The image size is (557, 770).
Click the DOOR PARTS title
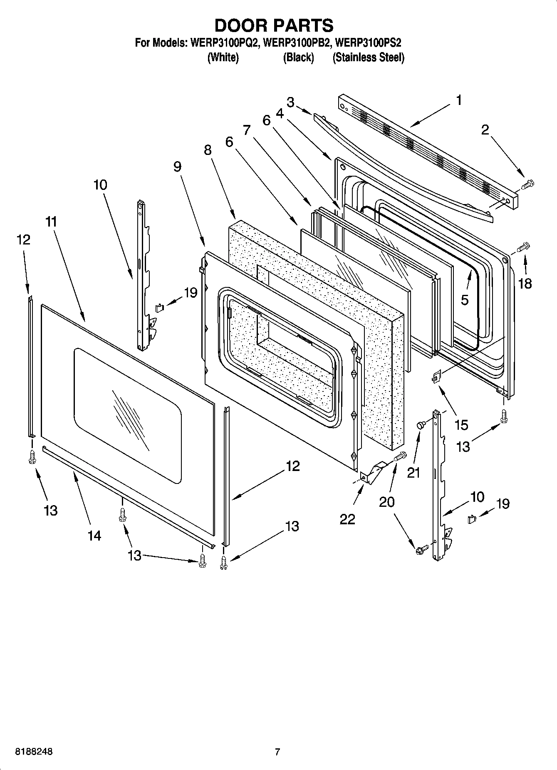pos(274,25)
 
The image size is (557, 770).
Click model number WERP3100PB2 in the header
pos(298,42)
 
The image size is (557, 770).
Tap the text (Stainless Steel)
pos(368,57)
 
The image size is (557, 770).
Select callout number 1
pos(459,100)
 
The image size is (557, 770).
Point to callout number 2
pos(485,130)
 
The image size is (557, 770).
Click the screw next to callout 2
pos(527,184)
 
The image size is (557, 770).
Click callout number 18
pos(525,284)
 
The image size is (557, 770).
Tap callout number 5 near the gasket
pos(465,299)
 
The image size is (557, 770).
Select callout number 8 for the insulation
pos(208,150)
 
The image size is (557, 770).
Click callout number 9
pos(177,167)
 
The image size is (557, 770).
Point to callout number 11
pos(51,222)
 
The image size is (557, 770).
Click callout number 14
pos(94,535)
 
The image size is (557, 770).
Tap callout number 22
pos(347,519)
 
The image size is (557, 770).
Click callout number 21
pos(413,473)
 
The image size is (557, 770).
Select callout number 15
pos(462,425)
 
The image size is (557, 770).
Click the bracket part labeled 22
pos(371,473)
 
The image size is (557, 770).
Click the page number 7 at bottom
pos(277,752)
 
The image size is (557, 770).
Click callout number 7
pos(247,130)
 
